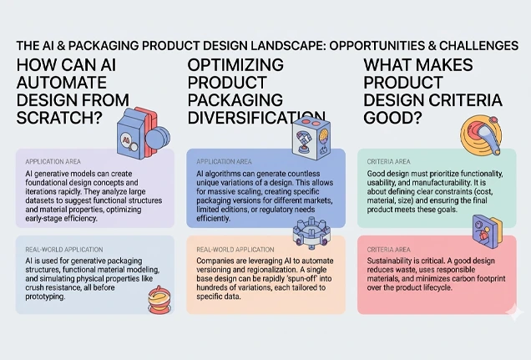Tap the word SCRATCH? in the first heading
coord(59,118)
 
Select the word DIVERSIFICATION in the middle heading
coord(256,118)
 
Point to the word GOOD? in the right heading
coord(393,118)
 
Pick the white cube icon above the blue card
coord(311,139)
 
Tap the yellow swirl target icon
coord(481,134)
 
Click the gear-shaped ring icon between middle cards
coord(311,232)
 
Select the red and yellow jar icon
coord(159,300)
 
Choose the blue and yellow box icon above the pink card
coord(488,229)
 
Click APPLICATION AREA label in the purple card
coord(53,162)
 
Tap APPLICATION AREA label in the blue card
coord(225,162)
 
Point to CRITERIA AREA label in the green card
coord(388,162)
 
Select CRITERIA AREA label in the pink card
coord(388,250)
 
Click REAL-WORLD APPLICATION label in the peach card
coord(235,250)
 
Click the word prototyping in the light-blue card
coord(45,297)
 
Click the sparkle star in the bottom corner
coord(514,312)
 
